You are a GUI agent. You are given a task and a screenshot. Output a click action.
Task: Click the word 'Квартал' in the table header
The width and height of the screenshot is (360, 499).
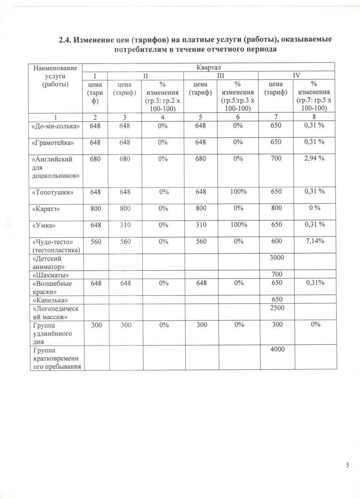[x=208, y=67]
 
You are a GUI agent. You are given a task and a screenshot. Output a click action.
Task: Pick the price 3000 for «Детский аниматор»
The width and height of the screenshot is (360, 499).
[x=276, y=258]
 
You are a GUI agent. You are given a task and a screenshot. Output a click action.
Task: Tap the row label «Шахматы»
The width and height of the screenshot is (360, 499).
[x=50, y=275]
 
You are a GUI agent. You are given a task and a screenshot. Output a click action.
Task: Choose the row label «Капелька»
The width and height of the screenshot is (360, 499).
[x=50, y=300]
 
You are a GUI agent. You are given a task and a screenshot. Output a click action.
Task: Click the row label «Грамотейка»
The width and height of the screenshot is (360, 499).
[x=53, y=143]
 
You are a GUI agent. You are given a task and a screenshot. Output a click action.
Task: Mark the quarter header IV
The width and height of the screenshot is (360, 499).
[x=296, y=75]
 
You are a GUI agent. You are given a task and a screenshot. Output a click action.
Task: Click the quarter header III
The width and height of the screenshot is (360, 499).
[x=221, y=75]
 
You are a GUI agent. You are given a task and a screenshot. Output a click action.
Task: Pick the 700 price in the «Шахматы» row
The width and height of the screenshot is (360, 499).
[x=276, y=274]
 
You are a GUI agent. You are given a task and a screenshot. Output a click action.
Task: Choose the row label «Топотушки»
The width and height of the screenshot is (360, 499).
[x=53, y=193]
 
